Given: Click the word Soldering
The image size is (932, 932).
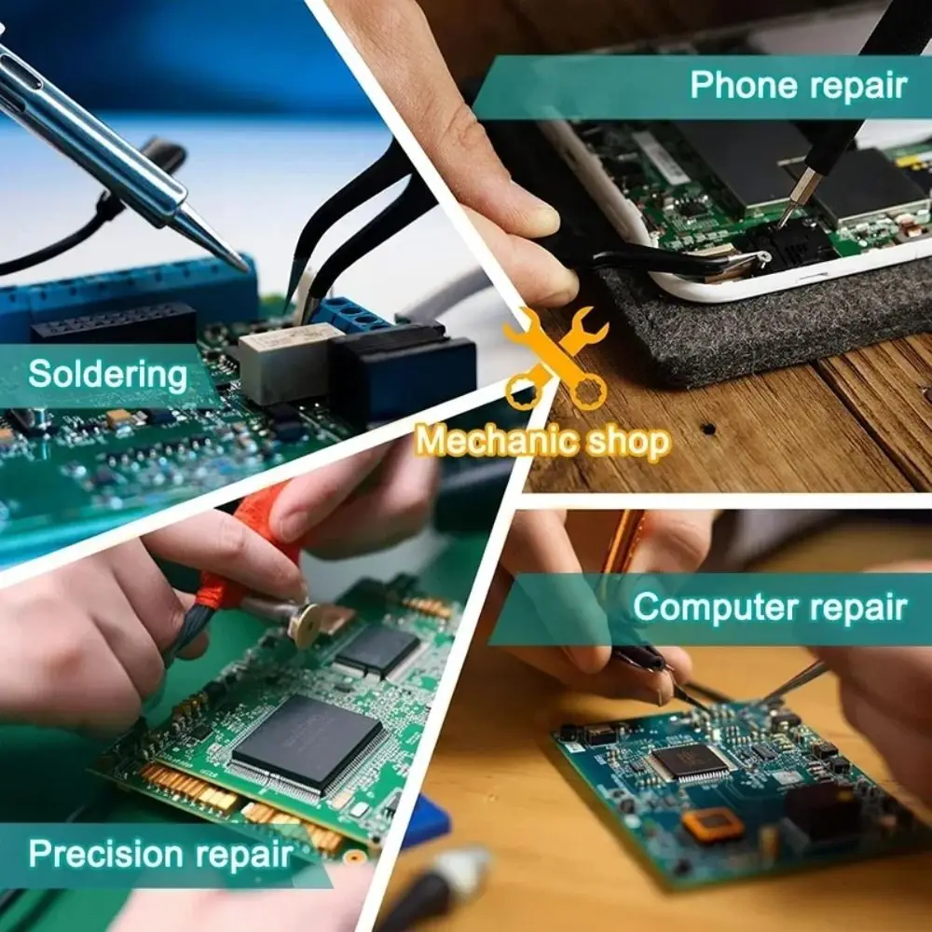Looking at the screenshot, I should click(x=108, y=375).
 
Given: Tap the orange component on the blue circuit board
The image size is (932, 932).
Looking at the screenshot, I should click(x=713, y=825).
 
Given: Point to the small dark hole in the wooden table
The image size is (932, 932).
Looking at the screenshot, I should click(x=708, y=430).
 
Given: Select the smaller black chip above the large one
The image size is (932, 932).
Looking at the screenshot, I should click(x=377, y=649).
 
